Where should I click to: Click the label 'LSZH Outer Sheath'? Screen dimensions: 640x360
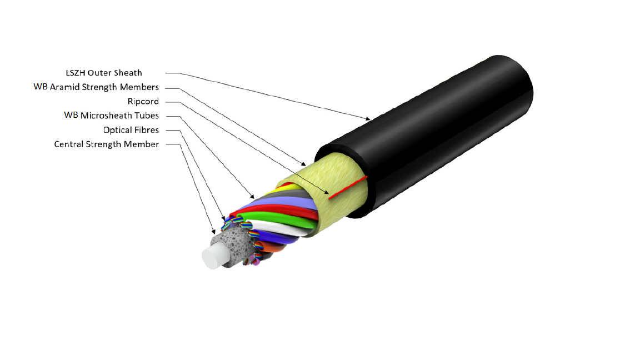tap(104, 73)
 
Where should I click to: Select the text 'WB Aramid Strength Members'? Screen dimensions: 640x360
tap(96, 87)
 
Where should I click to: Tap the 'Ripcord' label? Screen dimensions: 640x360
tap(143, 101)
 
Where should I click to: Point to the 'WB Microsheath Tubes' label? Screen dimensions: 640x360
tap(112, 116)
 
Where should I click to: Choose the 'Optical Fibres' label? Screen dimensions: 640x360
tap(131, 130)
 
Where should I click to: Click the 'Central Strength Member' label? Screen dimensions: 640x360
tap(107, 144)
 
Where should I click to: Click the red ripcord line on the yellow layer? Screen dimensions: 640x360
tap(348, 188)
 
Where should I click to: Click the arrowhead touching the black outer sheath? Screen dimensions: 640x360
tap(368, 119)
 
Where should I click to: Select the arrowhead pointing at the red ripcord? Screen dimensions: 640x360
tap(326, 192)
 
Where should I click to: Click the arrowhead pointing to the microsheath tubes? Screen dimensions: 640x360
tap(252, 196)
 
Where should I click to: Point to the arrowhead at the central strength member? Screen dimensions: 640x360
tap(213, 232)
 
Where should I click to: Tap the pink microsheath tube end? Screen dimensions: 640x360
tap(256, 262)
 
